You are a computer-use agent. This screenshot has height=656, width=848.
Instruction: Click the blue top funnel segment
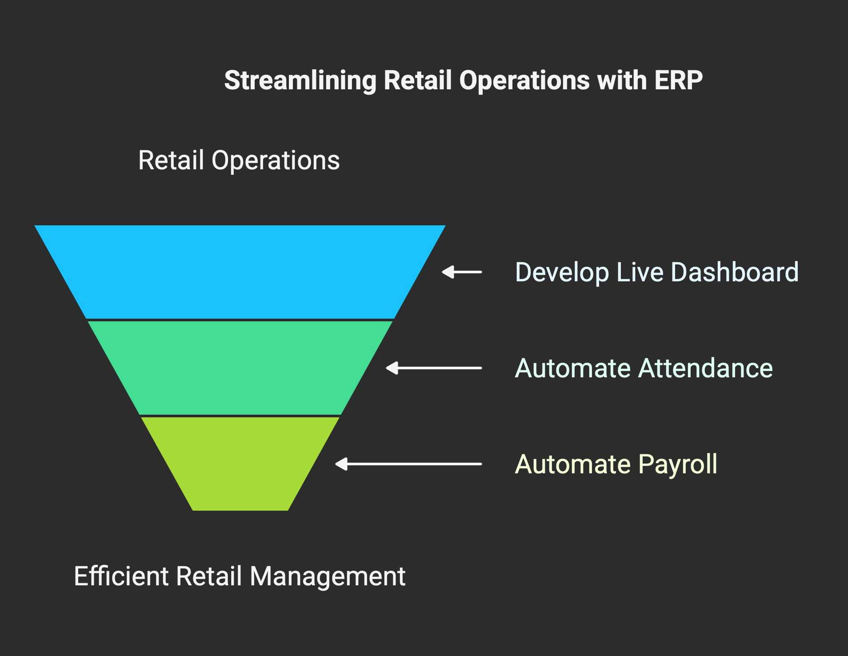(240, 272)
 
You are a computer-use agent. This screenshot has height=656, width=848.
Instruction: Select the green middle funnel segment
(240, 368)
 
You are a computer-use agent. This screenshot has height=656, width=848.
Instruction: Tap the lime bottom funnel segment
(240, 464)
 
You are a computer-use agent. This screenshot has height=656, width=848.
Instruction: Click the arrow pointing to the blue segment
(462, 272)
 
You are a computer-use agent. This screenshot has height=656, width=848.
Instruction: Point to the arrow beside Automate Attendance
(434, 368)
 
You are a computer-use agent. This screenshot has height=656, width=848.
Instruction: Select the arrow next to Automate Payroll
(408, 464)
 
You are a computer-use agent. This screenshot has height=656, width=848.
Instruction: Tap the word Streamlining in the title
(300, 81)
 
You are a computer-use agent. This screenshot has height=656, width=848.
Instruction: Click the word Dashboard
(735, 272)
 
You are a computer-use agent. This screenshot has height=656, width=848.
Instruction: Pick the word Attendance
(706, 368)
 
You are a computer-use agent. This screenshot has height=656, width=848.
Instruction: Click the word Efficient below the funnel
(122, 576)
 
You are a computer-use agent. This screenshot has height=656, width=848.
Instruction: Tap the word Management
(328, 577)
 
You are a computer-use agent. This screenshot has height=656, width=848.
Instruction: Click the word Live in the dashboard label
(640, 272)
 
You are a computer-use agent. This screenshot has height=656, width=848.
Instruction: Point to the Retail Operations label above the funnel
(239, 160)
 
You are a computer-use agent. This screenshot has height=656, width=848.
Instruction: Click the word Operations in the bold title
(525, 81)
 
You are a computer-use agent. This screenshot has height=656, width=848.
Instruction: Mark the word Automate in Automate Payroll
(573, 464)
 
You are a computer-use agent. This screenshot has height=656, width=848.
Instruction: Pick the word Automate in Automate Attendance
(573, 368)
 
